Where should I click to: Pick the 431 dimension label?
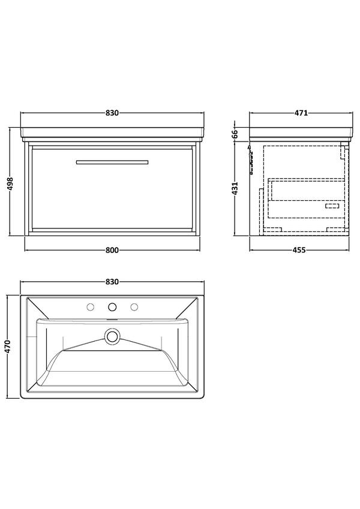[235, 188]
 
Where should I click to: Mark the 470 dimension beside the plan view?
[7, 346]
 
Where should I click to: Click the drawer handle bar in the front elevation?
[112, 161]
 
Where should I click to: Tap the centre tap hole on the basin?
[112, 308]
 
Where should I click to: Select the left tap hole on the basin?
[90, 308]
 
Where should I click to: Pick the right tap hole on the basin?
[133, 308]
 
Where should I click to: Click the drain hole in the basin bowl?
[112, 337]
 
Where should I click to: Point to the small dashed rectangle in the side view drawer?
[332, 206]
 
